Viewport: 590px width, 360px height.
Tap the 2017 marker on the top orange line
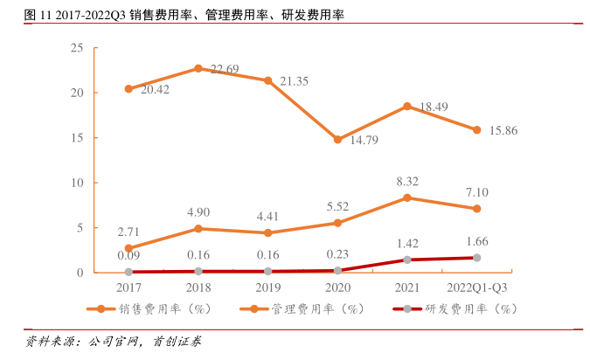coord(128,88)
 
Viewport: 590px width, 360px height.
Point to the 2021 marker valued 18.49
coord(407,106)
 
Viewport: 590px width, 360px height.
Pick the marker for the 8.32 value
coord(407,197)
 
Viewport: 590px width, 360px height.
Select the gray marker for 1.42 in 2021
coord(407,260)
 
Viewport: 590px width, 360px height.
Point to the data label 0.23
coord(337,254)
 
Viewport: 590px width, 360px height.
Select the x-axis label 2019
coord(268,286)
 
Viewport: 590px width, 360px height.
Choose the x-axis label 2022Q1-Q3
coord(476,286)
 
